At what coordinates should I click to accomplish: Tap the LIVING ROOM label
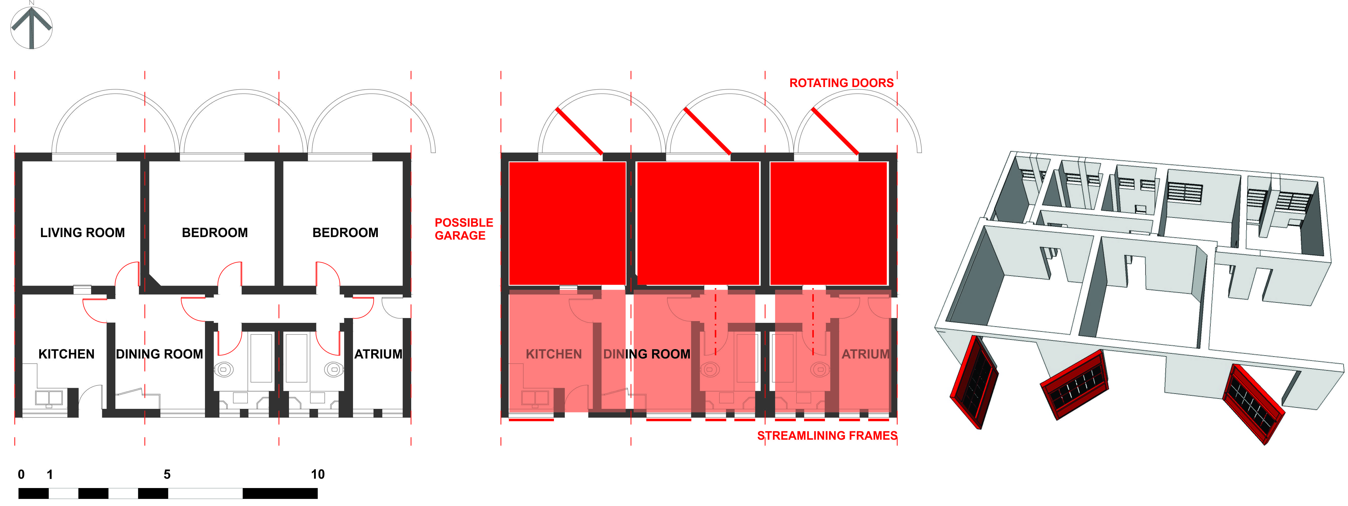(x=83, y=232)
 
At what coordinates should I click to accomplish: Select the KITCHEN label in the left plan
(x=67, y=354)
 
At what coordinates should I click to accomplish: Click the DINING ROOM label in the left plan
(x=160, y=354)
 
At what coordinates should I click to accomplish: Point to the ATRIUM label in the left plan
(x=378, y=354)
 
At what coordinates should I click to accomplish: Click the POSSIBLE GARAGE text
(x=464, y=229)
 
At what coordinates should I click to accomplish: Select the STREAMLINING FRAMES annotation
(x=827, y=435)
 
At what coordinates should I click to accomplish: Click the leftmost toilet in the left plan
(x=223, y=369)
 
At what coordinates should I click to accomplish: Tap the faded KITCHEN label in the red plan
(x=554, y=354)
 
